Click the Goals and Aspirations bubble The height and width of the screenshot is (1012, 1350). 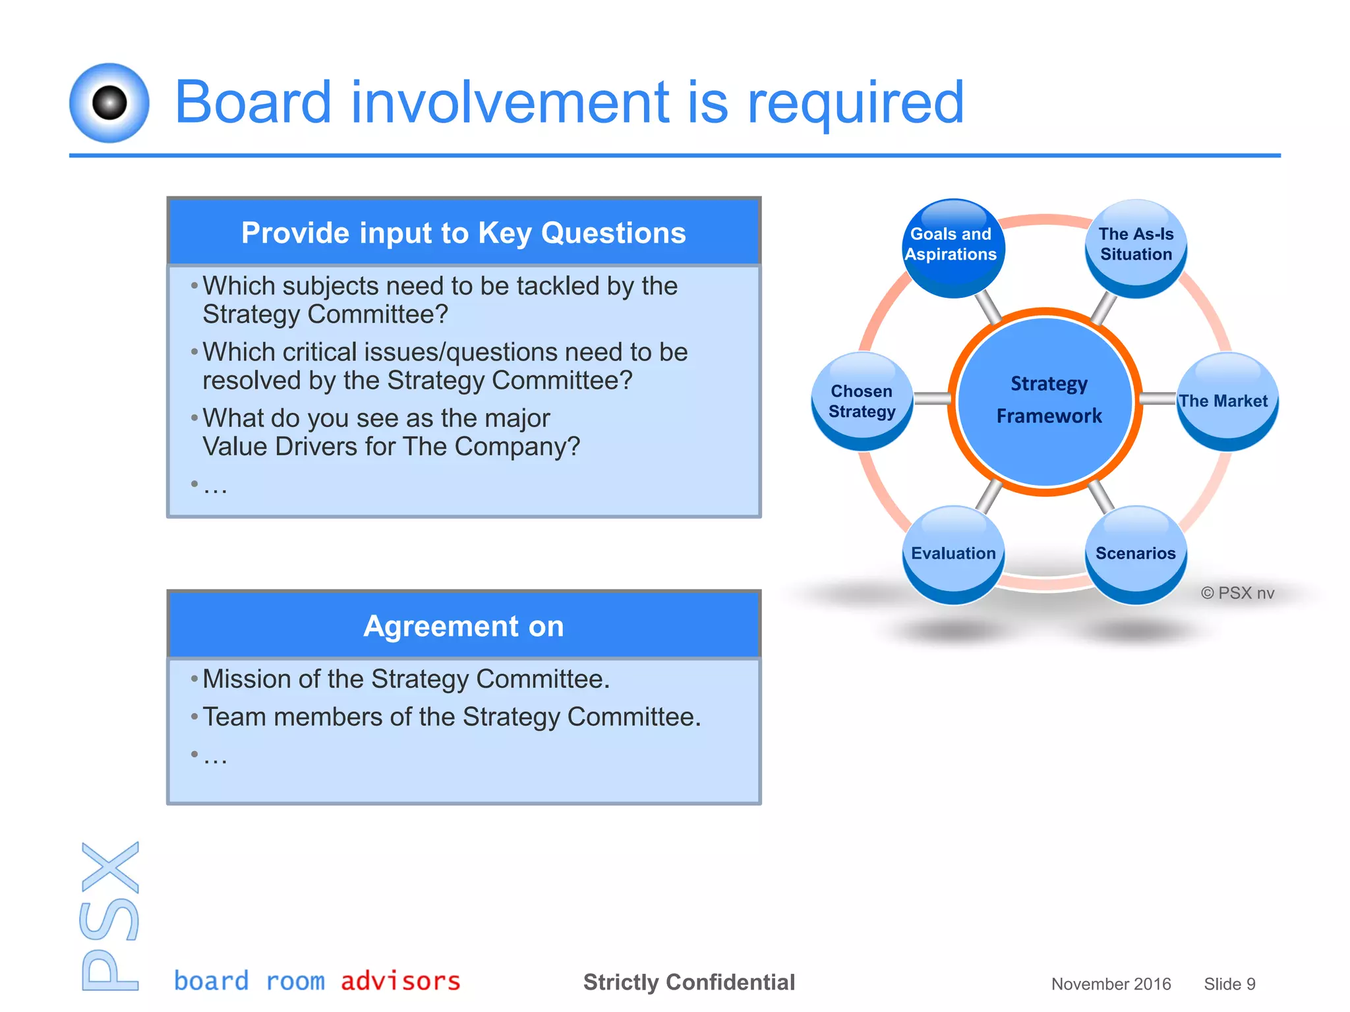pos(952,247)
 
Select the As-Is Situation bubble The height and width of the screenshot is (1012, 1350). pos(1135,247)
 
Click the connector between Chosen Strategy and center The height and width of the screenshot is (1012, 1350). pos(931,399)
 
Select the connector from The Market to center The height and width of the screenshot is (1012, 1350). pos(1159,399)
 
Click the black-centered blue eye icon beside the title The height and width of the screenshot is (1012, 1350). pos(109,103)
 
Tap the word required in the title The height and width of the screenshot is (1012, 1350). pos(855,103)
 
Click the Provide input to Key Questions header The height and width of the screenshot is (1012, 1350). pos(463,233)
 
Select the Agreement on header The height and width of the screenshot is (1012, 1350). pos(463,626)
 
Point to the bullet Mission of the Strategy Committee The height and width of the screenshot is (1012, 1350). pos(406,679)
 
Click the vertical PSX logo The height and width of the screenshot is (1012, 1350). pos(110,916)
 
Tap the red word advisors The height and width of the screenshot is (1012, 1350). pos(400,981)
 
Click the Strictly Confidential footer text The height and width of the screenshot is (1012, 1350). pos(689,982)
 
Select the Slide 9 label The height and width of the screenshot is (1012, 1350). pos(1229,984)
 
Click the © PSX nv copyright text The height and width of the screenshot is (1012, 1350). pos(1237,593)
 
